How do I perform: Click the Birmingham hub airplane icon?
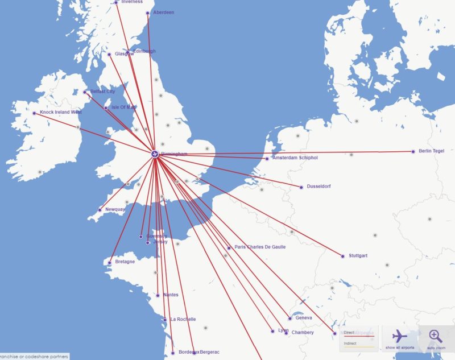155,154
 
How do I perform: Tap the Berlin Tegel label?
431,151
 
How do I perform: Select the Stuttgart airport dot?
343,256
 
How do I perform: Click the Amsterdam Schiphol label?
295,158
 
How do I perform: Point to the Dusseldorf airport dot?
301,187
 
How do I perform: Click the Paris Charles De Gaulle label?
260,247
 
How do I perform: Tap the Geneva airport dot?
290,318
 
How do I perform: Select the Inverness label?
132,2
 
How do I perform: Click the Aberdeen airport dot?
148,13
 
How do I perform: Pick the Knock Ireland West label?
60,112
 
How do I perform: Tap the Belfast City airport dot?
85,92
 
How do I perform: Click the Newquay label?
115,209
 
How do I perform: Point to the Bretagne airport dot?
109,263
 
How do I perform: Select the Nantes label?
170,295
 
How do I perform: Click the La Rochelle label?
183,319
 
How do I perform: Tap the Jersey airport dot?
148,243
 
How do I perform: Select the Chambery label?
302,332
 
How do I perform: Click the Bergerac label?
210,352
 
